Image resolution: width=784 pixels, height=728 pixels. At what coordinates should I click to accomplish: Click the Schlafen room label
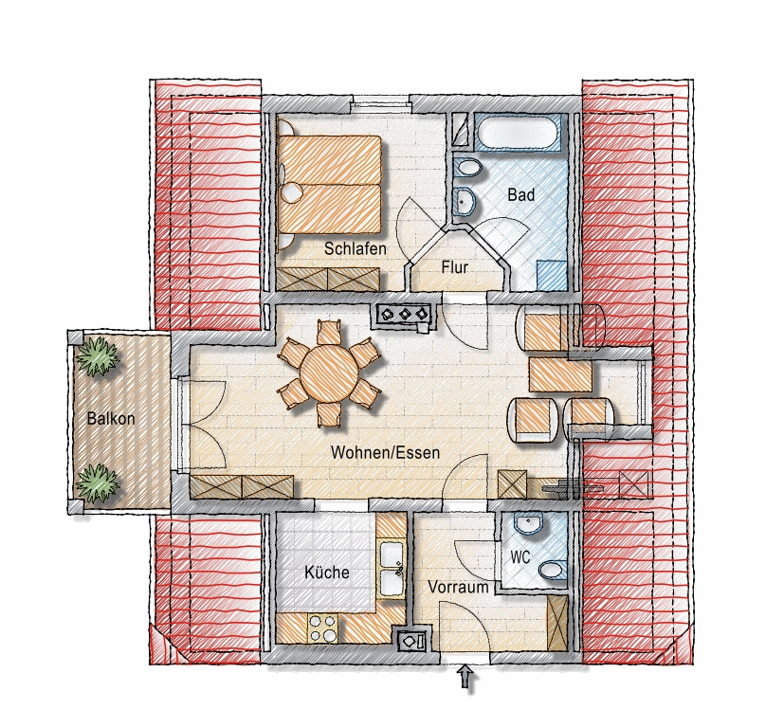(x=355, y=248)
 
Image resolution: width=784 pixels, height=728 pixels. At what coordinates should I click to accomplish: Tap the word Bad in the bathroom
(x=521, y=194)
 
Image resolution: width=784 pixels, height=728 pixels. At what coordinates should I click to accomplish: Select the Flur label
(x=454, y=267)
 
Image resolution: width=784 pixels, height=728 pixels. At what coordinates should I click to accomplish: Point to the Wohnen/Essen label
(x=386, y=453)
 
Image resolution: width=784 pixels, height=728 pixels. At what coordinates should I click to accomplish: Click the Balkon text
(x=111, y=418)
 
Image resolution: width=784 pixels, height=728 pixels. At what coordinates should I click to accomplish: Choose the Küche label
(x=327, y=572)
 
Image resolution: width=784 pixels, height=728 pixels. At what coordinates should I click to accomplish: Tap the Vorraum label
(x=459, y=587)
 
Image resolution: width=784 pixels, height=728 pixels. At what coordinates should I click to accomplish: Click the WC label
(x=520, y=556)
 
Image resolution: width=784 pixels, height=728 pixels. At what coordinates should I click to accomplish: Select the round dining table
(x=330, y=373)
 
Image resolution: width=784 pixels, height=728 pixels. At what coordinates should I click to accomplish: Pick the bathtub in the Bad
(x=520, y=132)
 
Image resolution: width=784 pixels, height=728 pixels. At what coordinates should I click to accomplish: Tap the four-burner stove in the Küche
(x=322, y=628)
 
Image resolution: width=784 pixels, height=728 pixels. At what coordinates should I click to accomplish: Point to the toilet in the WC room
(x=551, y=569)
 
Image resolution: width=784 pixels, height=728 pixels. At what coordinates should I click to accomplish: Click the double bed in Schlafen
(x=329, y=184)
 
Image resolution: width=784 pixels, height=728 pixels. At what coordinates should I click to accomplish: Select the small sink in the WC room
(x=529, y=525)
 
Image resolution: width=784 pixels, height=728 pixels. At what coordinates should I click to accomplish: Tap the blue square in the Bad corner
(x=553, y=275)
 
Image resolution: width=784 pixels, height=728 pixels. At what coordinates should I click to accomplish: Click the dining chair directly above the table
(x=329, y=332)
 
